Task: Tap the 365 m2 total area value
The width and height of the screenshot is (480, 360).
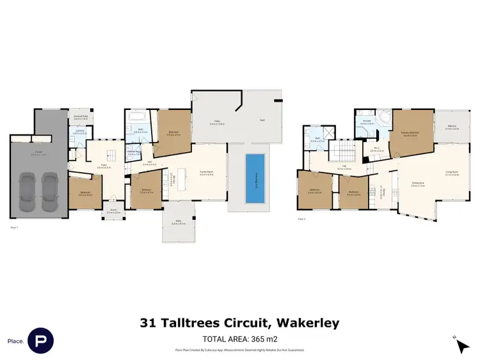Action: click(x=263, y=339)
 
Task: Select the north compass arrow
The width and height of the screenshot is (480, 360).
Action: click(x=461, y=345)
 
